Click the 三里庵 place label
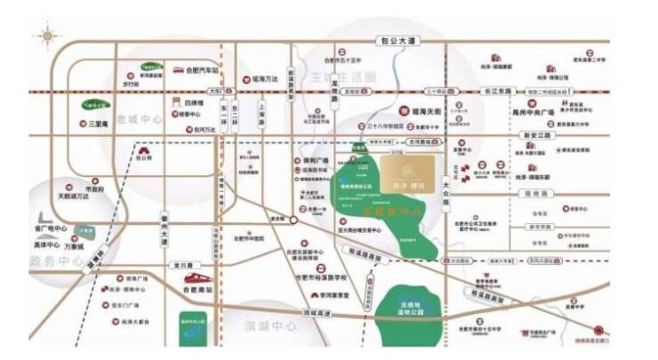(x=99, y=124)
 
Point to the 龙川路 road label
(x=182, y=263)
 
